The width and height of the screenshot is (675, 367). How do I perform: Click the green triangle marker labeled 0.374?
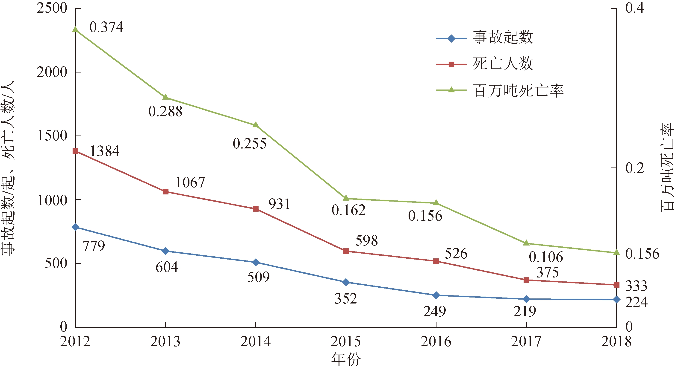[x=75, y=29]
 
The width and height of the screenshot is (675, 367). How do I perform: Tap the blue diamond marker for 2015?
[x=346, y=282]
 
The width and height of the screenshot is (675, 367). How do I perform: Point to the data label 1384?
[x=105, y=151]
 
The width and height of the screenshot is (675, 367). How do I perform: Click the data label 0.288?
[x=165, y=112]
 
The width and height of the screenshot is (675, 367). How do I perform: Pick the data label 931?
[x=279, y=204]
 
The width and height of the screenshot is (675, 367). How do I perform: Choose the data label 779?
[x=94, y=246]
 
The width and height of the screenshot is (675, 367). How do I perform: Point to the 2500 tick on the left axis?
[x=52, y=8]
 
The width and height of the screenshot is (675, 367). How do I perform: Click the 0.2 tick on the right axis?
[x=635, y=168]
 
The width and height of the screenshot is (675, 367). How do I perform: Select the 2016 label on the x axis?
[x=436, y=342]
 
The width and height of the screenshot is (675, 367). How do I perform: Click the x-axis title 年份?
[x=346, y=359]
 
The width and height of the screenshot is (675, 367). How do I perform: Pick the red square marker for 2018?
[x=616, y=285]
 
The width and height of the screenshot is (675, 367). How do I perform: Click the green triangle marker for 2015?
[x=346, y=198]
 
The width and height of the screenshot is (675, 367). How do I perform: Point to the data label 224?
[x=636, y=302]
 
